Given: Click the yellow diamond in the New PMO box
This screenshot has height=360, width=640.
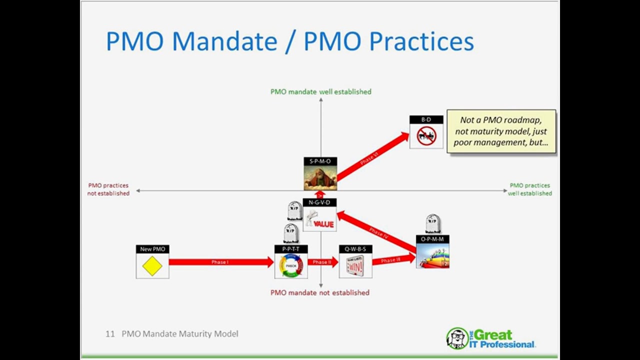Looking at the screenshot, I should pyautogui.click(x=152, y=266).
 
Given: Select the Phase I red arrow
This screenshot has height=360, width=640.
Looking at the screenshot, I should pyautogui.click(x=220, y=262).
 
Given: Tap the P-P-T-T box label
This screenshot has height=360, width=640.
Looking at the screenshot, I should pyautogui.click(x=291, y=249).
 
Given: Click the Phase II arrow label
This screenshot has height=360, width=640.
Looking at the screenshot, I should pyautogui.click(x=322, y=262).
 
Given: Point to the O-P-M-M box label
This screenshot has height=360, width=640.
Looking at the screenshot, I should pyautogui.click(x=432, y=239).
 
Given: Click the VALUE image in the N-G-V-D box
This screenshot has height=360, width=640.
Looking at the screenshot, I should pyautogui.click(x=319, y=219).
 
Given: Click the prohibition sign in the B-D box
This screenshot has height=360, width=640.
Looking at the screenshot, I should pyautogui.click(x=426, y=136).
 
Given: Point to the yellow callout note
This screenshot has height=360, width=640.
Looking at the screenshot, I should pyautogui.click(x=501, y=131).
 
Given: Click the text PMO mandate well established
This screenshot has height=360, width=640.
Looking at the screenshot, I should pyautogui.click(x=320, y=91).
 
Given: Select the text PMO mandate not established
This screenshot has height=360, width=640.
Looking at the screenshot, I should pyautogui.click(x=320, y=292).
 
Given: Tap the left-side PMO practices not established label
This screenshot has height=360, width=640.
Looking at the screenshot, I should pyautogui.click(x=108, y=189).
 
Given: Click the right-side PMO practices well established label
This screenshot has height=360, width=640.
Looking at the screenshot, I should pyautogui.click(x=530, y=189).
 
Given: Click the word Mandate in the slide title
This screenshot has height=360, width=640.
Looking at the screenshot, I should pyautogui.click(x=224, y=41).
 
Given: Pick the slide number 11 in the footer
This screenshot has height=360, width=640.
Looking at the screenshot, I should pyautogui.click(x=110, y=333).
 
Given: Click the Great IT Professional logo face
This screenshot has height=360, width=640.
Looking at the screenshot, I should pyautogui.click(x=456, y=338).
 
